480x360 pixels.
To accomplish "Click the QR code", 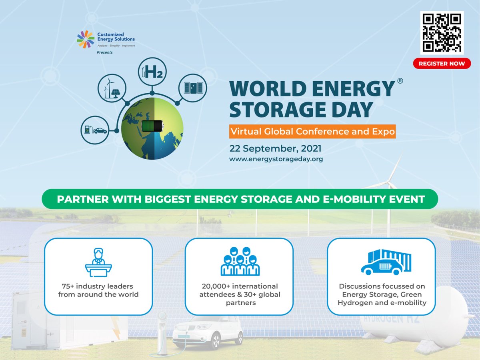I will tap(442, 32).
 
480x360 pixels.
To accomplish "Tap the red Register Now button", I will tap(442, 63).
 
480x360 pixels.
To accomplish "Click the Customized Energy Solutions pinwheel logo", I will tap(85, 39).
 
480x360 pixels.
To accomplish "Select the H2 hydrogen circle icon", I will tap(152, 72).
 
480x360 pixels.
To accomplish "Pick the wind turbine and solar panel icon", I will tap(112, 88).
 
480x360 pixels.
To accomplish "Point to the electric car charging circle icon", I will tap(95, 130).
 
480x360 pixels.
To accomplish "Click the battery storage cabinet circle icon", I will tap(192, 88).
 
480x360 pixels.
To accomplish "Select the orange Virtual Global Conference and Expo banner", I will tap(312, 131).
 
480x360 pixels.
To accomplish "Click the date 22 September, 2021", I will tap(275, 148).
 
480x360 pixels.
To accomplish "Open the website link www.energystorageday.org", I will tap(276, 159).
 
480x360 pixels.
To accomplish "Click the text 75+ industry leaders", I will tap(98, 286).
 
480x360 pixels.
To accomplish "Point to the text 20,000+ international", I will tap(239, 286).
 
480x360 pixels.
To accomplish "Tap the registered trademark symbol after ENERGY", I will tap(400, 80).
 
